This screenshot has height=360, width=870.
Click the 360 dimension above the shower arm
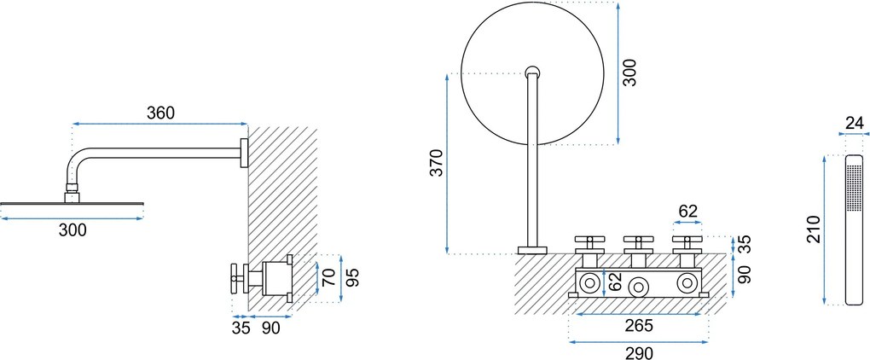[161, 113]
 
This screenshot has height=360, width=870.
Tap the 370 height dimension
[438, 163]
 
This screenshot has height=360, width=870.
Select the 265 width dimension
[639, 326]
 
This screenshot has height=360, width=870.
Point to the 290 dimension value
[639, 352]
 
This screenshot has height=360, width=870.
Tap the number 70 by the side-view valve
[330, 276]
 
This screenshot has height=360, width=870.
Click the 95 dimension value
[353, 276]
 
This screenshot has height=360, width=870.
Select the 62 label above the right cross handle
[687, 212]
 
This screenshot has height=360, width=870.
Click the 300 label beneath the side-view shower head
[72, 229]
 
